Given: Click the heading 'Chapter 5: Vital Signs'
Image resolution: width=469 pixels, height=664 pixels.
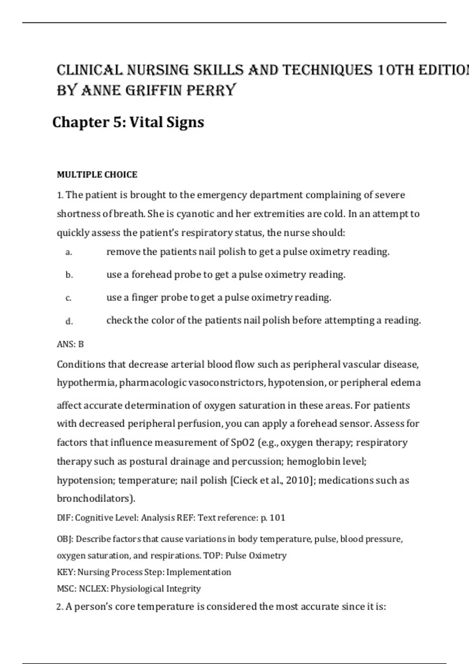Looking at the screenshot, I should (128, 122).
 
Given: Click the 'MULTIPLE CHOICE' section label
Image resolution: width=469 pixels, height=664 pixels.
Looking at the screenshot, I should (97, 175).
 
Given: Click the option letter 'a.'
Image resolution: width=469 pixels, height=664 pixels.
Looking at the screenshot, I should (69, 252).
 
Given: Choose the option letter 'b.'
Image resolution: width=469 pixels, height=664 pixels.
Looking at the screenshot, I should (69, 275).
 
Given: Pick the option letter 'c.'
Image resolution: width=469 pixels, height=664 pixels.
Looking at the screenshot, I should (68, 298).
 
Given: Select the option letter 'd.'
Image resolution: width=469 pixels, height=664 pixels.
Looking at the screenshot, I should (69, 321).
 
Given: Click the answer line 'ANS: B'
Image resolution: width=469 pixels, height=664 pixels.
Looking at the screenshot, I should (70, 344).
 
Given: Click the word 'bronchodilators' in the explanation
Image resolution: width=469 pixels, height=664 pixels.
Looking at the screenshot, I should (93, 498).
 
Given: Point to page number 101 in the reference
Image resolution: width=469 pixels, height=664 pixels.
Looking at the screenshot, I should (277, 518).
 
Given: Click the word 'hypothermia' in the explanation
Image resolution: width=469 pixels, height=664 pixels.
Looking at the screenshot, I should (86, 383).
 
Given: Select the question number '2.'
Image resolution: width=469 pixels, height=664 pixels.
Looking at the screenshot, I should (60, 607).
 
